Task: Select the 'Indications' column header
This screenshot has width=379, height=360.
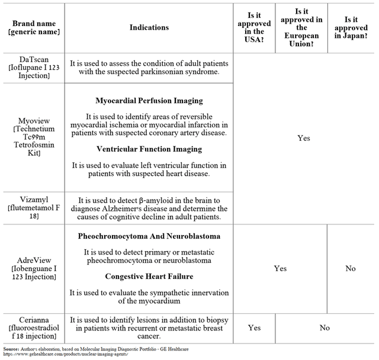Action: coord(149,27)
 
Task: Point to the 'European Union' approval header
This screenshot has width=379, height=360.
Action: coord(302,27)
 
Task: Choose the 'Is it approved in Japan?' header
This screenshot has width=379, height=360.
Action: coord(351,27)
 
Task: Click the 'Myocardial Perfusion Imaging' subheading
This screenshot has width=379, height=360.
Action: coord(149,101)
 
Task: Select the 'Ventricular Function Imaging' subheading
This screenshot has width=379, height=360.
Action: coord(149,149)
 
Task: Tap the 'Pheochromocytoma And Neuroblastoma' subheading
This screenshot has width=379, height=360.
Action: coord(149,236)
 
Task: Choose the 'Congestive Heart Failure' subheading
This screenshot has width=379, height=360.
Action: coord(149,277)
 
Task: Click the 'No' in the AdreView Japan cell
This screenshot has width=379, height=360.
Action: coord(351,268)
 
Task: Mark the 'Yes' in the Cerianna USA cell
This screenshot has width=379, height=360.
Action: coord(254,327)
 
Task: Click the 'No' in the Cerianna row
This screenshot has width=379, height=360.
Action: coord(325,327)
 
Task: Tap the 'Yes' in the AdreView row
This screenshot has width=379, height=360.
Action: coord(280,268)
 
